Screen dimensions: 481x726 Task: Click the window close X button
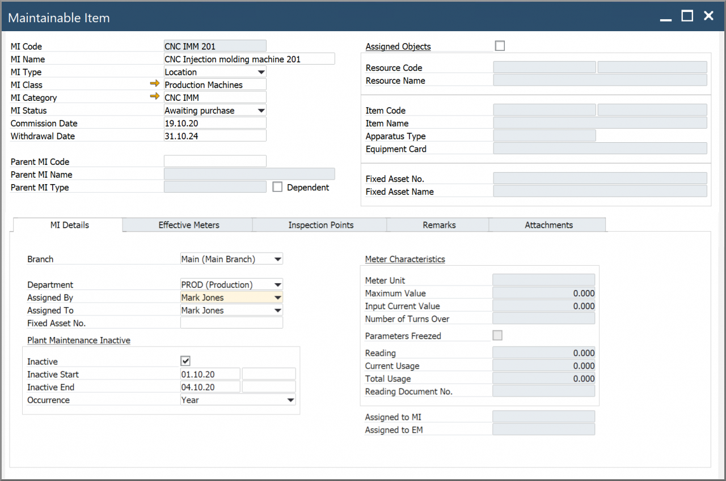click(708, 16)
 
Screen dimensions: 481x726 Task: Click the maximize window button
click(687, 16)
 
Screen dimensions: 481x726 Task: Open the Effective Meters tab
click(188, 225)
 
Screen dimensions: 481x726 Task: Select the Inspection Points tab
click(320, 225)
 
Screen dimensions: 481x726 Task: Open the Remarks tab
click(439, 225)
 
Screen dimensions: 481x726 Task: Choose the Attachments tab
click(548, 225)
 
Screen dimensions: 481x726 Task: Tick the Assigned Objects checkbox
click(500, 46)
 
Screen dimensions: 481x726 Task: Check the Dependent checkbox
click(277, 187)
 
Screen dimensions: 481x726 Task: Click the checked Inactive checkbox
click(185, 361)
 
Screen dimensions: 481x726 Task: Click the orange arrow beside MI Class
click(155, 84)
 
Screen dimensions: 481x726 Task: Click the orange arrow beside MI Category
click(155, 97)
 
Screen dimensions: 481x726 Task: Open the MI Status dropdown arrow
click(261, 110)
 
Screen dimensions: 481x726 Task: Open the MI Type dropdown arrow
click(261, 72)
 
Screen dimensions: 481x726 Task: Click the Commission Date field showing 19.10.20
click(214, 123)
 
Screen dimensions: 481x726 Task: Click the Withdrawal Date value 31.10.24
click(214, 136)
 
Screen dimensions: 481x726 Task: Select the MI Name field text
click(248, 59)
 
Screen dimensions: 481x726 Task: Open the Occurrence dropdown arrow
click(290, 400)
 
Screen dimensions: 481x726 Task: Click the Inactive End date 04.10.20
click(210, 387)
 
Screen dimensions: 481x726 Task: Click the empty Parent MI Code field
click(214, 161)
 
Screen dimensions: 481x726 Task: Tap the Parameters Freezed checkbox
click(497, 335)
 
